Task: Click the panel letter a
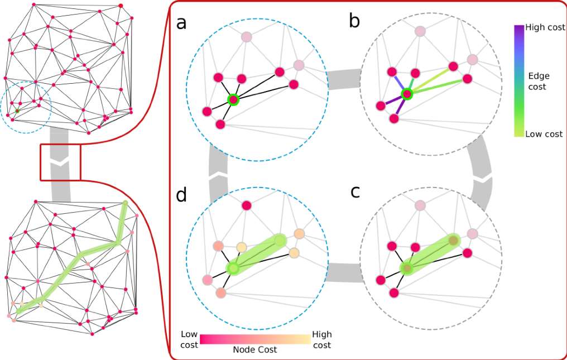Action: click(x=181, y=23)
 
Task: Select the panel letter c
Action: click(x=355, y=191)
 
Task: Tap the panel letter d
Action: click(x=181, y=196)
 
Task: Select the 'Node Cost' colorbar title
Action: click(x=254, y=350)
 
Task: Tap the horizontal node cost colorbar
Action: click(x=254, y=339)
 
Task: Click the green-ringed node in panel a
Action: click(x=233, y=100)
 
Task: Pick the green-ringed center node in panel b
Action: click(x=407, y=94)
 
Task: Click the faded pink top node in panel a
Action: click(x=247, y=37)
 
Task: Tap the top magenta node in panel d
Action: click(x=247, y=206)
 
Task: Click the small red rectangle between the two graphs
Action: click(x=60, y=162)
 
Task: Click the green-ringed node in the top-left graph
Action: click(x=17, y=111)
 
